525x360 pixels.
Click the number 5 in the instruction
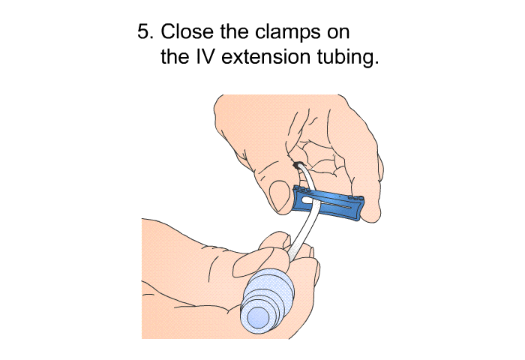[145, 31]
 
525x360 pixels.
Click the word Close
[187, 31]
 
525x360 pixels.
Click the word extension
[265, 57]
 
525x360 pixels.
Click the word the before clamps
[234, 31]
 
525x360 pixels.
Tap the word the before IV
[175, 56]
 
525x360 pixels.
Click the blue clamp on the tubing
[328, 202]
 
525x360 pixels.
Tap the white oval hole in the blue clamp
[307, 200]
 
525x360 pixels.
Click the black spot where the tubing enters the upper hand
[297, 165]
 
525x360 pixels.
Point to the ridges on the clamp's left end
[302, 190]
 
